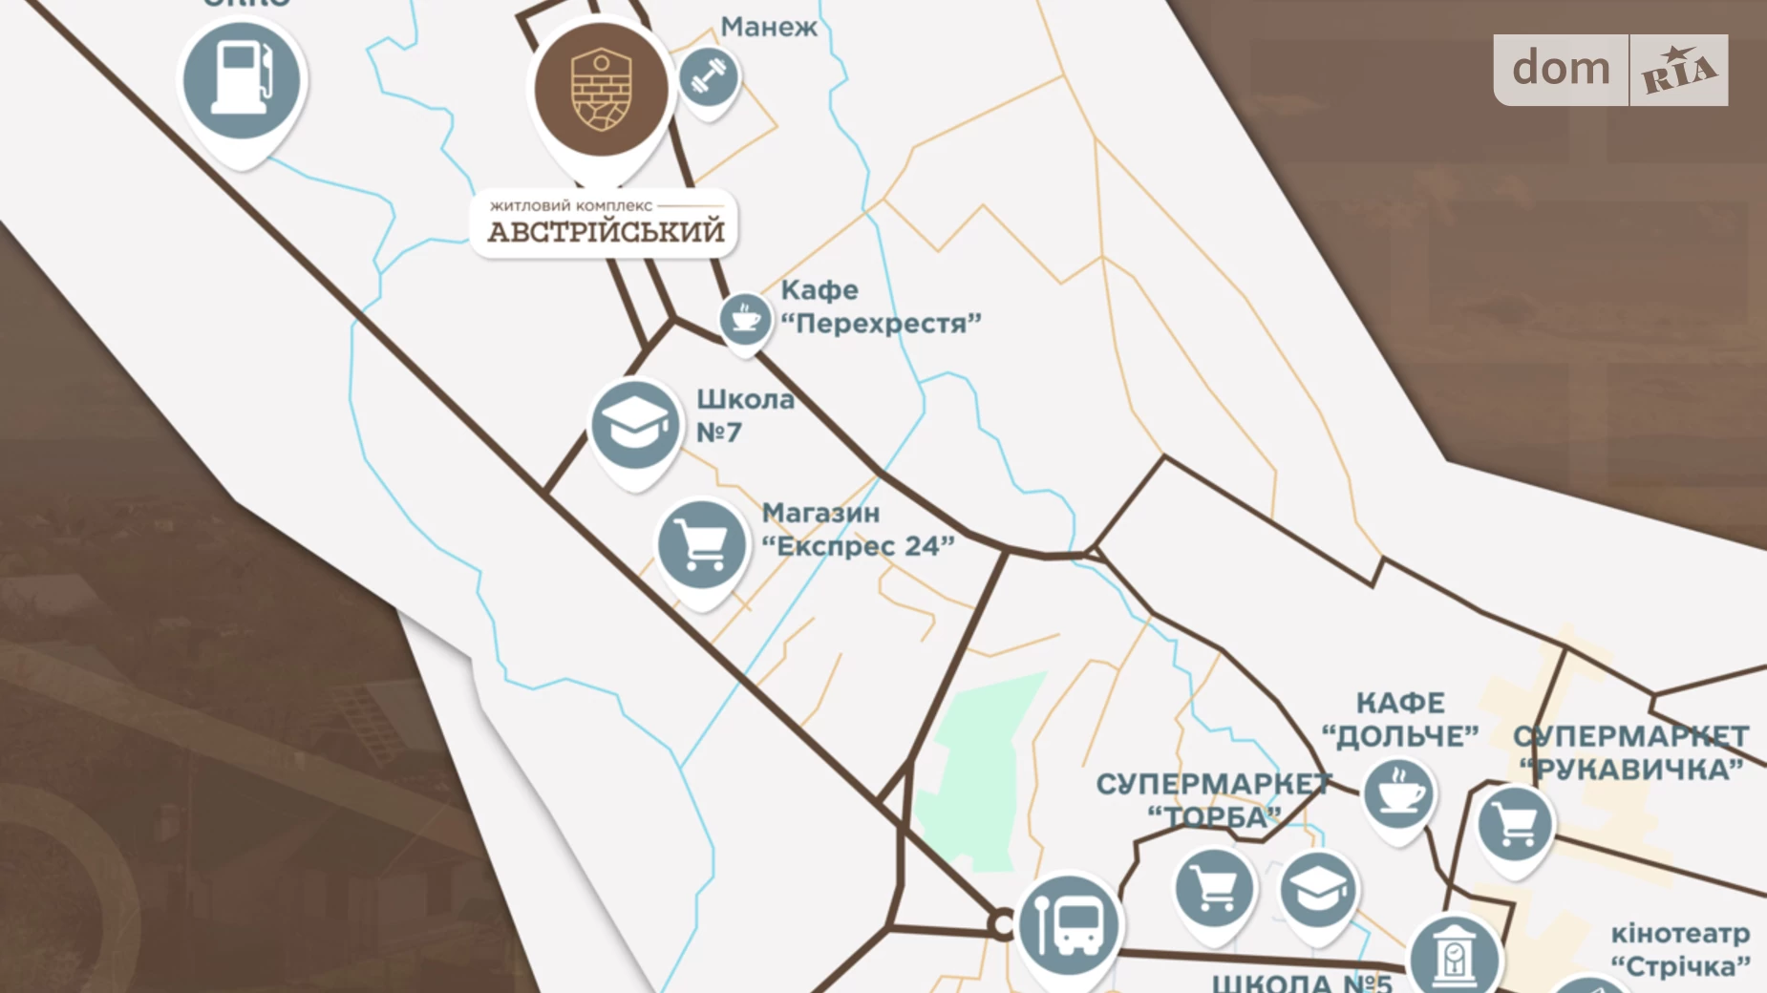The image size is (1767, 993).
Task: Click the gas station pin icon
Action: [x=242, y=82]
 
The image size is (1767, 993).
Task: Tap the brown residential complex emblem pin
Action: [x=601, y=91]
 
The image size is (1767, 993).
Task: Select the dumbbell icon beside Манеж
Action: [x=709, y=76]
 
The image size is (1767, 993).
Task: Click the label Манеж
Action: [x=769, y=27]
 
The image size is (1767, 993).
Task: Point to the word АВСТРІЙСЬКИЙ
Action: [x=606, y=232]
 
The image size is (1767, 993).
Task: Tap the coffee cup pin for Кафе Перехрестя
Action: [x=745, y=319]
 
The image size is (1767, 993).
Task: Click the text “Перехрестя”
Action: [x=881, y=324]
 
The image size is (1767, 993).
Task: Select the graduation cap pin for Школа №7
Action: [x=633, y=426]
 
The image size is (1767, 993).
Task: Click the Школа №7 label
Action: [x=744, y=415]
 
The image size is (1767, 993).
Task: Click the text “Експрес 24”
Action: [x=858, y=546]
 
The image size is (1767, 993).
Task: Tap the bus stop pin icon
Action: [x=1069, y=924]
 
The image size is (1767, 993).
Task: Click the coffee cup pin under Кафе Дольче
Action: [x=1398, y=793]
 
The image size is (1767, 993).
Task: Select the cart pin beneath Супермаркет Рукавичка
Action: [x=1515, y=823]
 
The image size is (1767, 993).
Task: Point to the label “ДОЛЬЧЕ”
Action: [x=1400, y=736]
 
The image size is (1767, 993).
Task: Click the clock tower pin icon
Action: [x=1454, y=956]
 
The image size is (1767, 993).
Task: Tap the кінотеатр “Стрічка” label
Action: [x=1680, y=950]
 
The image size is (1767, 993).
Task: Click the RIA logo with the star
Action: [x=1678, y=71]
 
